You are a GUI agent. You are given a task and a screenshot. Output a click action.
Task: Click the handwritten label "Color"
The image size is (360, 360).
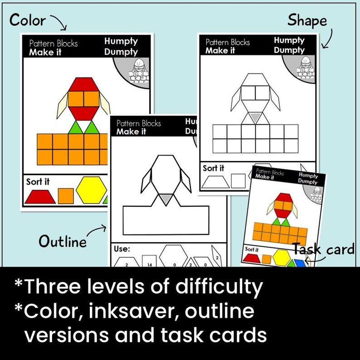tap(27, 20)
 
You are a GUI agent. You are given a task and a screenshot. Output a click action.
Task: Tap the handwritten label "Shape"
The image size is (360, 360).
tap(306, 20)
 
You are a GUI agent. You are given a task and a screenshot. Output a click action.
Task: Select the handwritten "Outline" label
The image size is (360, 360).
tap(62, 241)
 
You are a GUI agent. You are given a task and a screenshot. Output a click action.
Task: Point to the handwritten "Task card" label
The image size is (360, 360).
tap(323, 249)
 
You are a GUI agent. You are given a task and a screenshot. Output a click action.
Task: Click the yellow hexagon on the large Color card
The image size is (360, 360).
tap(91, 190)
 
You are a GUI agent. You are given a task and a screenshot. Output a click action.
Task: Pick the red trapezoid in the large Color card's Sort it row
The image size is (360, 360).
tap(40, 196)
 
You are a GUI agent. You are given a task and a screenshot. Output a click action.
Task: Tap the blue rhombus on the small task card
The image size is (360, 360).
tap(299, 263)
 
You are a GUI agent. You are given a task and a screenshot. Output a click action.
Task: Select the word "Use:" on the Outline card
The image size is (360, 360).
tap(122, 249)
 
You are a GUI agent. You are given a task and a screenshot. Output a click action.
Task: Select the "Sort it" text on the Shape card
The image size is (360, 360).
tap(213, 168)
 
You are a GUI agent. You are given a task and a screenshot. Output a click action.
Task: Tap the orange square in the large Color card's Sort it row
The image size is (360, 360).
tap(66, 196)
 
